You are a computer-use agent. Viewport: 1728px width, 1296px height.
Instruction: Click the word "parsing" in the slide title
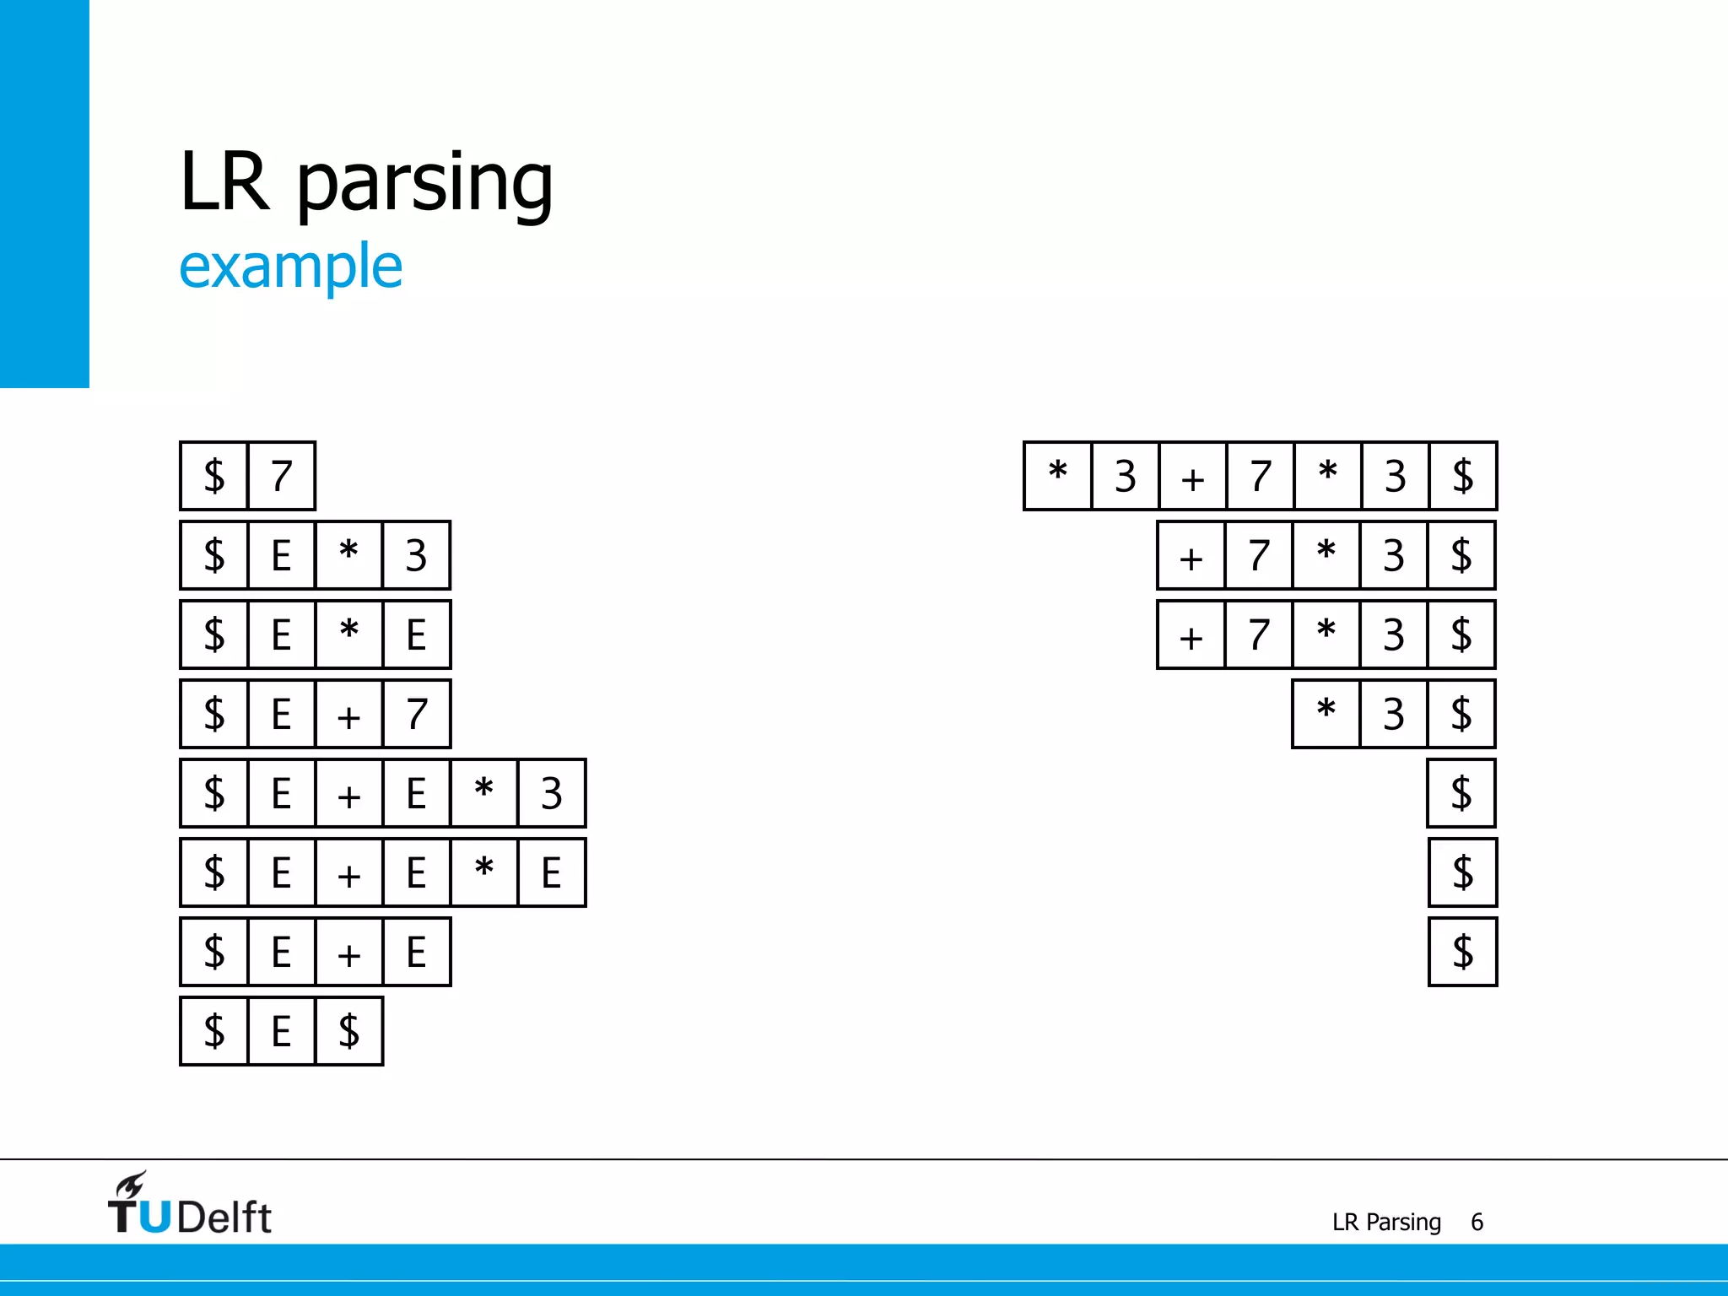click(424, 184)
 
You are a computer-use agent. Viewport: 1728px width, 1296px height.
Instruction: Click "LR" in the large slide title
click(224, 181)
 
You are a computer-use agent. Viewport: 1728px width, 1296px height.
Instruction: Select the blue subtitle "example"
click(290, 267)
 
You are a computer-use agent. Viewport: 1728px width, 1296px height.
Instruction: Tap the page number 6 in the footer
click(1477, 1222)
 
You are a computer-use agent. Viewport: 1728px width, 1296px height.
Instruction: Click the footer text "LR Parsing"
click(1386, 1222)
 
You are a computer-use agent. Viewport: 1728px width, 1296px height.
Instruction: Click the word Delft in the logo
click(224, 1217)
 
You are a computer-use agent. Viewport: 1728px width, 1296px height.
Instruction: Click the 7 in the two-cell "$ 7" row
click(282, 476)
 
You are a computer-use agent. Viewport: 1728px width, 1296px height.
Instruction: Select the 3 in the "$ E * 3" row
click(416, 555)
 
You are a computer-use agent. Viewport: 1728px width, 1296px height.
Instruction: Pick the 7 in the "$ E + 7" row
click(416, 714)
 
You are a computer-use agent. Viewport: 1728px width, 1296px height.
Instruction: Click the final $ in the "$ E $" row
click(348, 1031)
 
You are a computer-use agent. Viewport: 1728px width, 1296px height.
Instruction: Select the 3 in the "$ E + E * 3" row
click(551, 793)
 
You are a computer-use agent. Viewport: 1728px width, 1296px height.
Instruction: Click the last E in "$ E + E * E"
click(551, 872)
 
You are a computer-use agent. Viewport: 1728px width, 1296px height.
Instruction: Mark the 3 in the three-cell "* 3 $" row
click(1393, 714)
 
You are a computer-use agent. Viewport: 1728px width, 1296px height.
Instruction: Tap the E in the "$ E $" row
click(281, 1031)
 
